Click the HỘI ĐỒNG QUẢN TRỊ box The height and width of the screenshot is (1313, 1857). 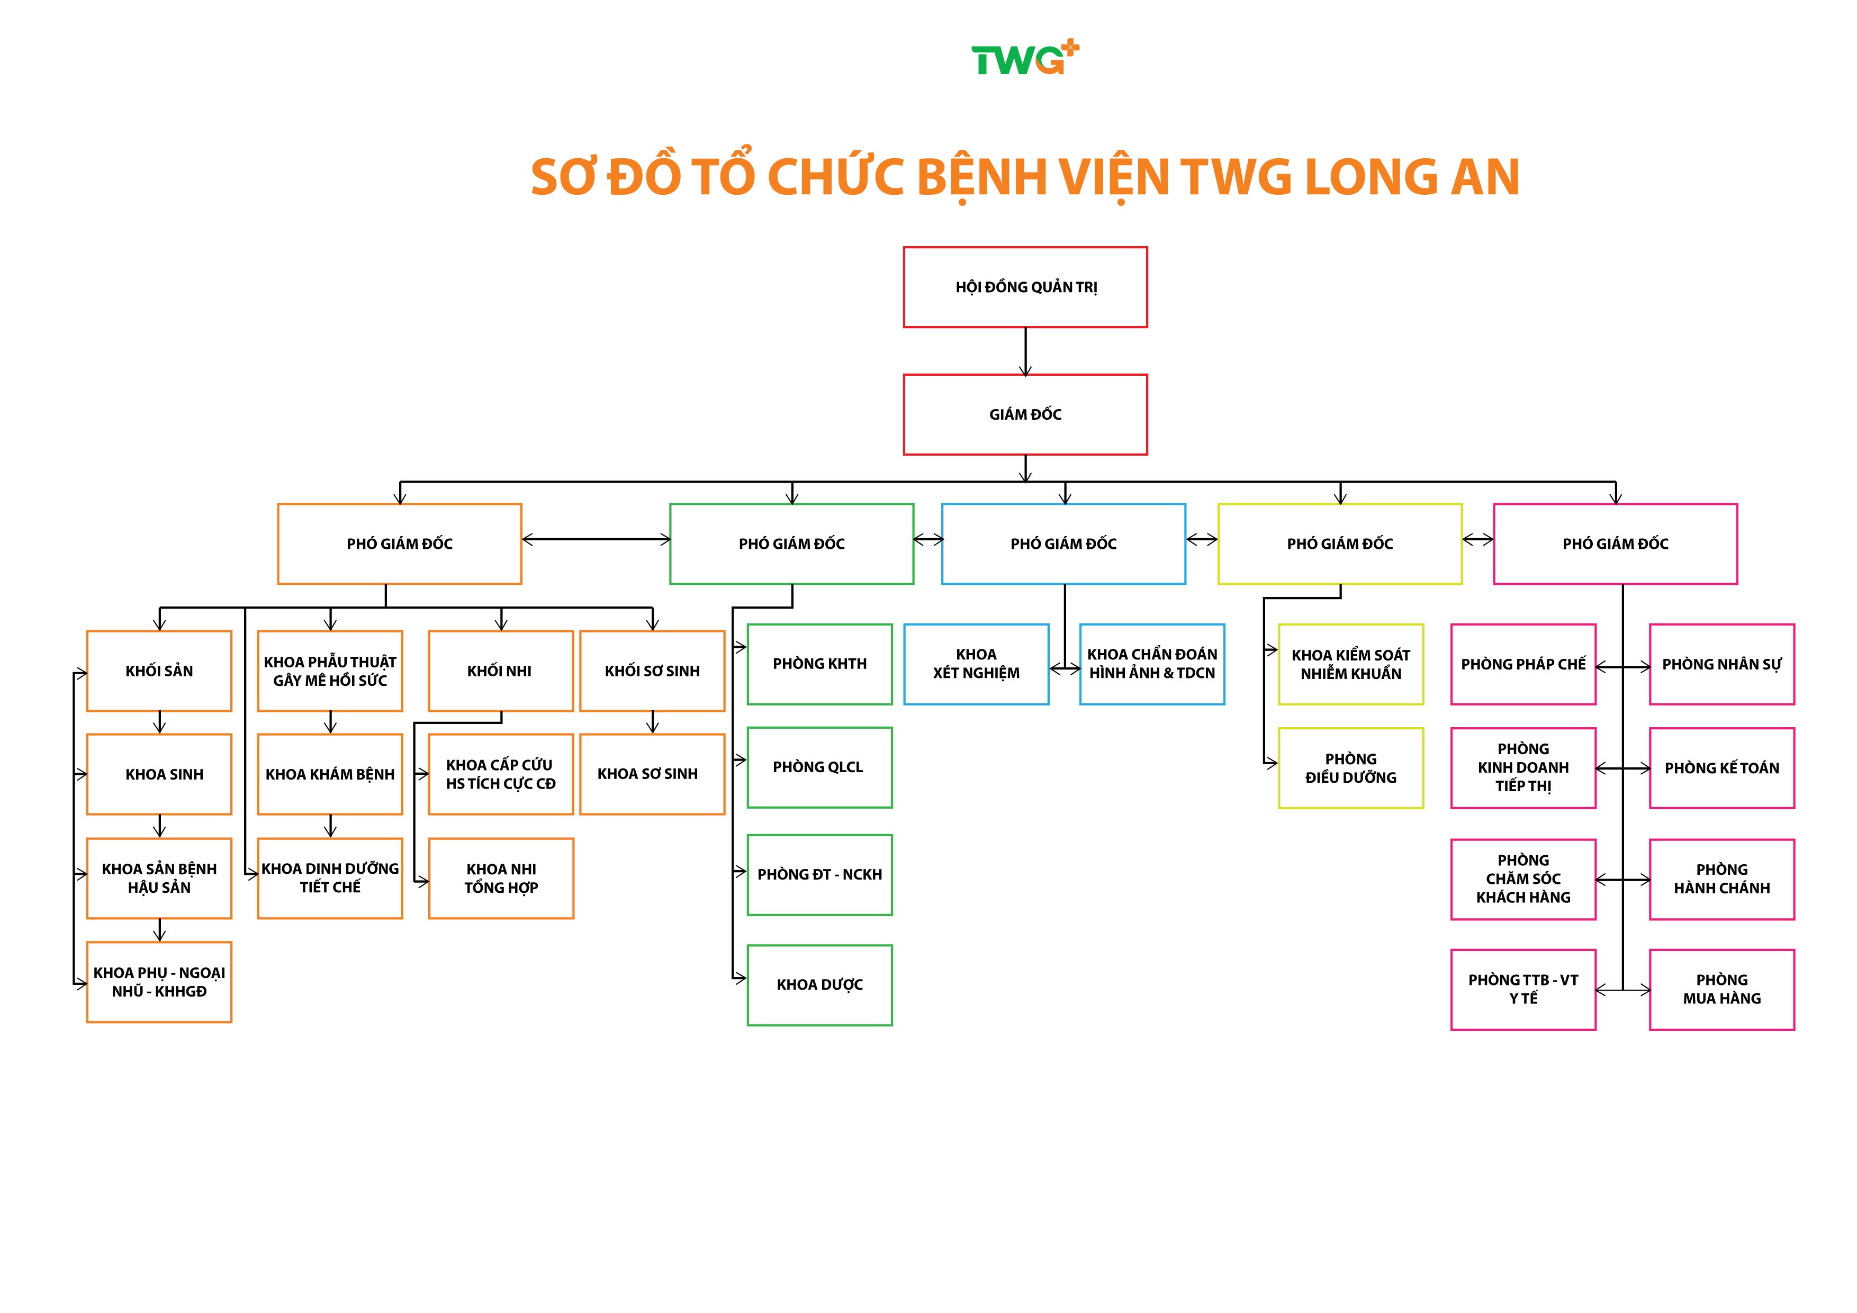tap(1025, 287)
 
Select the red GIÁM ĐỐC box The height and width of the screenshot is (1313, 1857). tap(1025, 414)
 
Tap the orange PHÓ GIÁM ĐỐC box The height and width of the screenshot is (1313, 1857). tap(400, 544)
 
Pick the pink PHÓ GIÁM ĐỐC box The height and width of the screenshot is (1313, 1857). tap(1615, 544)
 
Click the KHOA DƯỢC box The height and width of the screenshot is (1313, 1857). tap(819, 985)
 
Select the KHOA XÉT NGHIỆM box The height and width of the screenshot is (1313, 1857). tap(976, 664)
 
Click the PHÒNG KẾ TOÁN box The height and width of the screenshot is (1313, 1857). tap(1721, 768)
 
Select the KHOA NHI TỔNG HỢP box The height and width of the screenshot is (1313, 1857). tap(501, 878)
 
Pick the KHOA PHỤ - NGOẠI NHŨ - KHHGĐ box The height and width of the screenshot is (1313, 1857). tap(159, 982)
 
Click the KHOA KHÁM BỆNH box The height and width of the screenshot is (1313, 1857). tap(330, 774)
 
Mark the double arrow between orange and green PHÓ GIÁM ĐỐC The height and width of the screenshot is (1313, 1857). tap(596, 539)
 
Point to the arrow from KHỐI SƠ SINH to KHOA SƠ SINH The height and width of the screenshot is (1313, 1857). tap(652, 722)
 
